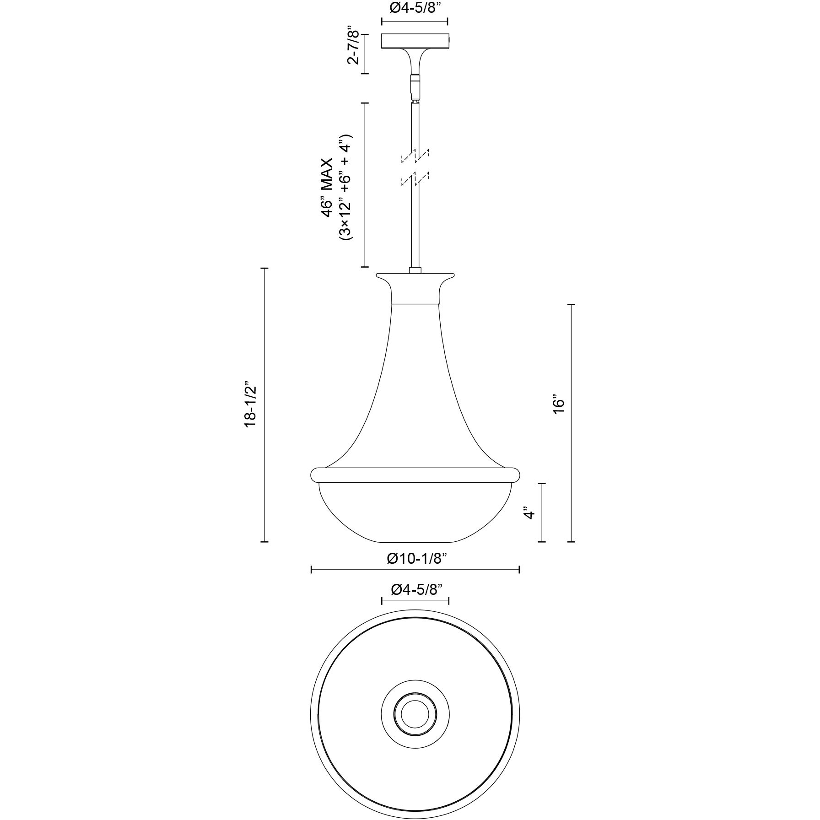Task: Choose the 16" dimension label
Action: coord(558,404)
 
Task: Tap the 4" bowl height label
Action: coord(529,512)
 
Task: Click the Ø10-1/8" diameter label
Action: coord(416,559)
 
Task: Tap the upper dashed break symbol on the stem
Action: coord(415,156)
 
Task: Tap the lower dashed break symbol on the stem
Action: coord(415,179)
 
